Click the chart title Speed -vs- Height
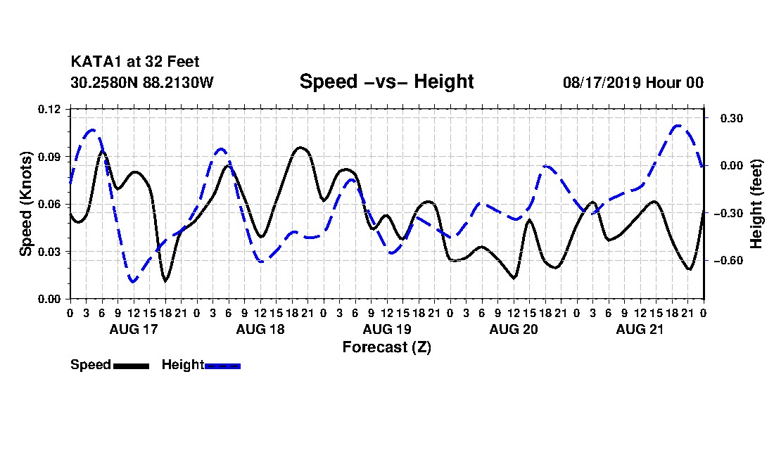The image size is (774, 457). click(x=386, y=82)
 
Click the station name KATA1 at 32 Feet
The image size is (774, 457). click(x=135, y=62)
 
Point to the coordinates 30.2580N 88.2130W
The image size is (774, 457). click(x=142, y=82)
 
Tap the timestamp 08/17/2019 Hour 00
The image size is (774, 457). click(x=633, y=82)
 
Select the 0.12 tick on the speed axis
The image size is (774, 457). click(x=49, y=109)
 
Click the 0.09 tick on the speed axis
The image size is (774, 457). click(x=49, y=157)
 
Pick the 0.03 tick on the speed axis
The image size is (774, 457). click(x=49, y=252)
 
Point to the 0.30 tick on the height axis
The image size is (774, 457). click(x=732, y=118)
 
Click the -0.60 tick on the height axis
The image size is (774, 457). click(x=728, y=260)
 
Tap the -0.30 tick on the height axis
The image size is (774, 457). click(x=728, y=213)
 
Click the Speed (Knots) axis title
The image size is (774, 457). click(x=25, y=204)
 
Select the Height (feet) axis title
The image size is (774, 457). click(x=756, y=204)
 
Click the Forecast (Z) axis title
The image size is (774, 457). click(x=386, y=347)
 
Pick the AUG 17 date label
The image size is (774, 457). click(x=133, y=329)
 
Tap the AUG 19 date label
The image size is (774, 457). click(x=386, y=329)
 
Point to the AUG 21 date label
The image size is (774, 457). click(x=640, y=329)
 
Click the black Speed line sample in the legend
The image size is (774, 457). click(x=132, y=366)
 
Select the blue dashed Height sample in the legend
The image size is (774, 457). click(x=222, y=366)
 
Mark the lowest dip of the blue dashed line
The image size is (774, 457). click(x=132, y=281)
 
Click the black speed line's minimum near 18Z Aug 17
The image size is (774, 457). click(x=165, y=281)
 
